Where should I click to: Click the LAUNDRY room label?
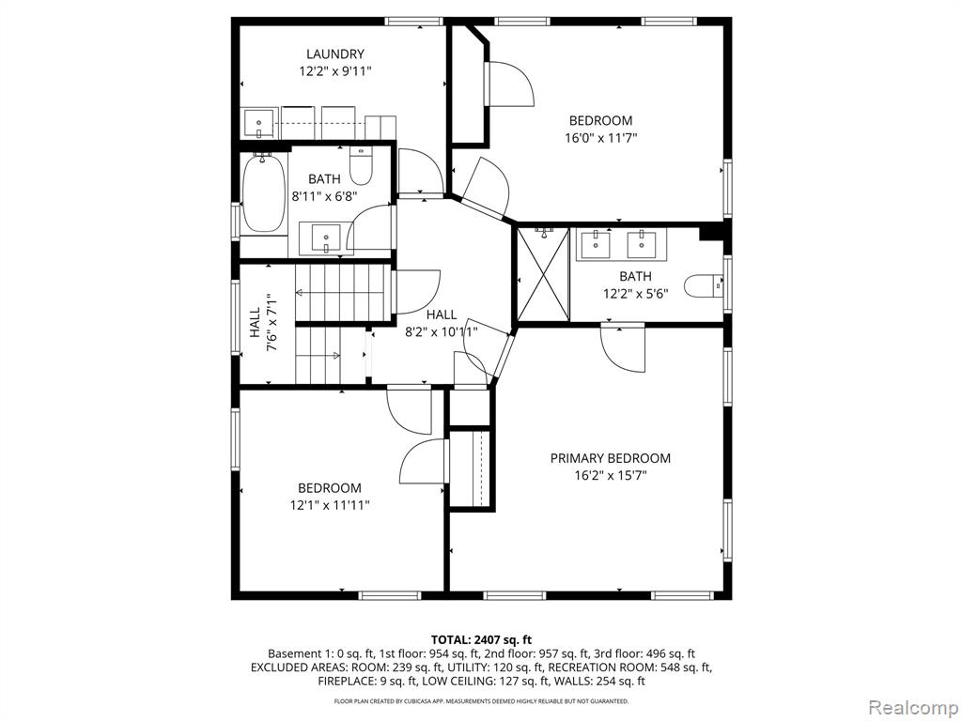(335, 54)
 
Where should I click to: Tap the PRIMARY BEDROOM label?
(610, 458)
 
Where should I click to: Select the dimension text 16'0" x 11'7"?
(600, 138)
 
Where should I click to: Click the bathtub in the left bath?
(264, 192)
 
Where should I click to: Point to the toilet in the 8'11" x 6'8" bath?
(361, 166)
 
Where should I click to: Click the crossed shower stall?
(544, 273)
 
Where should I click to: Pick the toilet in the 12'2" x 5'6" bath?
(704, 285)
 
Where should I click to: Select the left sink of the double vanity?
(596, 244)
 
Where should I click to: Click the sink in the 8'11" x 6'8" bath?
(325, 238)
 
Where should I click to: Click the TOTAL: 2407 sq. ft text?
(481, 640)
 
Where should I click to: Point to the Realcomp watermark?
(912, 708)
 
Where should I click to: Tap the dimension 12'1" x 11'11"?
(330, 505)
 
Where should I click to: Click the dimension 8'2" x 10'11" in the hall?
(442, 332)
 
